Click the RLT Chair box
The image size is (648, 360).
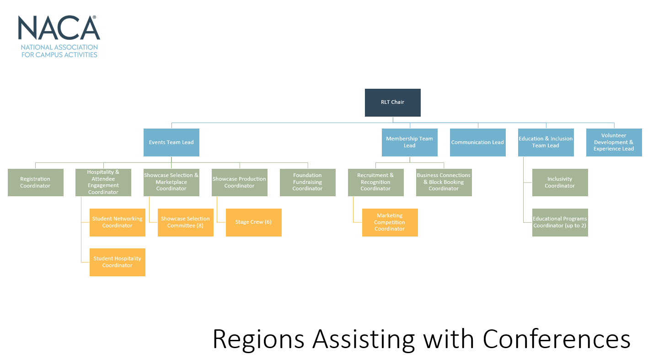coord(392,103)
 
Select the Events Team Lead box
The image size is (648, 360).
coord(171,142)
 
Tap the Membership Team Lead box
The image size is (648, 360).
coord(410,142)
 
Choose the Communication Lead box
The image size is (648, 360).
coord(477,142)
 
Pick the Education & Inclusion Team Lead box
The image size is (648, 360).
coord(546,142)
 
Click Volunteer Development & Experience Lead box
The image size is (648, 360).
coord(614,142)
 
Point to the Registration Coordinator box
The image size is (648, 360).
coord(36,183)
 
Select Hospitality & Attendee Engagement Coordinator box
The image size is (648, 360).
coord(103,183)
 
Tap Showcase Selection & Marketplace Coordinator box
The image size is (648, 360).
coord(171,183)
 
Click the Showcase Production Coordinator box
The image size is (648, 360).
coord(240,183)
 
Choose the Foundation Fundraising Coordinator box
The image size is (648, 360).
coord(307,183)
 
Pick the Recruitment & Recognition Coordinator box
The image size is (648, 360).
coord(376,183)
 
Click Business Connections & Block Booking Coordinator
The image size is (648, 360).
coord(444,183)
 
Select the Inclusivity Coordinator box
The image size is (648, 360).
coord(560,183)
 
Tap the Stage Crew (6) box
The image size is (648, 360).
coord(254,222)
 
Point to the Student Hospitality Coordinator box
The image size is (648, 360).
coord(118,262)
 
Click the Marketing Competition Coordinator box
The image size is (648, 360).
coord(390,222)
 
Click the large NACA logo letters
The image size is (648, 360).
coord(59,27)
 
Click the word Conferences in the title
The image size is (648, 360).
coord(556,339)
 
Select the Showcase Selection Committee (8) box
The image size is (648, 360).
coord(185,222)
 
